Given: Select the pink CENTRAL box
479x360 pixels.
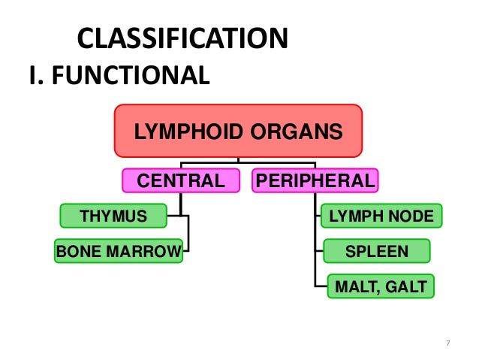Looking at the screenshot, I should pos(180,180).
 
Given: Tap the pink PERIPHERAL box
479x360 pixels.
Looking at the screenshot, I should pos(315,180).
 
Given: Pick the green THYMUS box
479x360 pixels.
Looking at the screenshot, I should pos(113,216).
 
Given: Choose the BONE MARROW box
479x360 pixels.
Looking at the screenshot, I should pos(119,250).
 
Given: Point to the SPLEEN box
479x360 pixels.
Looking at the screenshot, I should pos(376,251).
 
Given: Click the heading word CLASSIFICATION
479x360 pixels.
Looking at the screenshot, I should pos(182,39).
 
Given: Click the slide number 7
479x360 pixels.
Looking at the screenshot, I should pos(448,343).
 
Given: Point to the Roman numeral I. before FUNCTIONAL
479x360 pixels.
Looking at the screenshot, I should pos(36,75).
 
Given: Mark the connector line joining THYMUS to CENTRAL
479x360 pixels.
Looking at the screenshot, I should pos(175,216).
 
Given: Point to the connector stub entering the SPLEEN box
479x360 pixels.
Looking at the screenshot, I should pos(318,251).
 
